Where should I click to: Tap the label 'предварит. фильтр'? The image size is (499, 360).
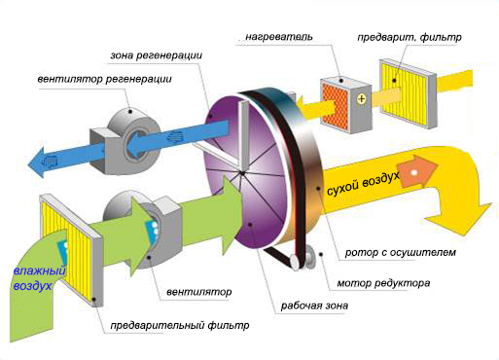point(415,36)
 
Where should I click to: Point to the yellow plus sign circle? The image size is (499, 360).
point(361,99)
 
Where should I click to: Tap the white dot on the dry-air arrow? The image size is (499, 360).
point(416,173)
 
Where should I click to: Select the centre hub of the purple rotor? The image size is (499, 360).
point(239,174)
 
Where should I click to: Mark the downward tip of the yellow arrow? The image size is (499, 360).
point(456,218)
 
